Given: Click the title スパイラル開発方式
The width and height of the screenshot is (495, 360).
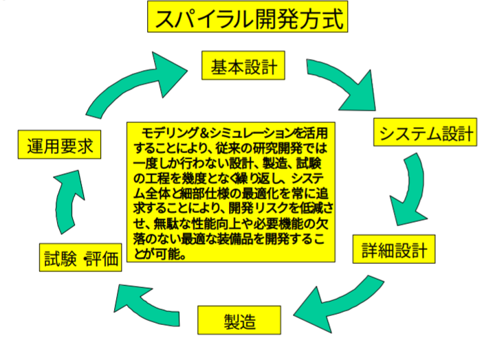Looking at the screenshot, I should [247, 18].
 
